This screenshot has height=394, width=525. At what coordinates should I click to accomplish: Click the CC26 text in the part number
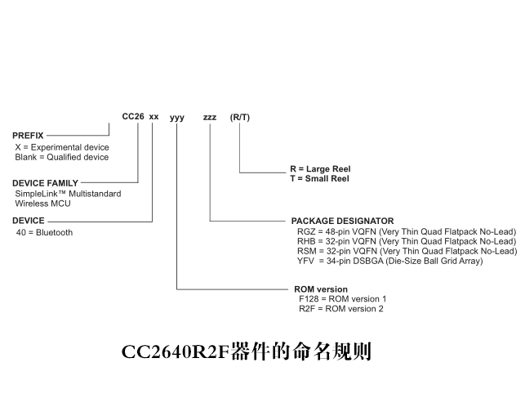click(133, 116)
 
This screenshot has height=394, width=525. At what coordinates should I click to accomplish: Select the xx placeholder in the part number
click(153, 117)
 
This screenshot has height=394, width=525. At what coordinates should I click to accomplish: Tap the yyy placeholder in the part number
click(177, 118)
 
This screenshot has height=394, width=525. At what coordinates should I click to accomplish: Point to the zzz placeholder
click(210, 118)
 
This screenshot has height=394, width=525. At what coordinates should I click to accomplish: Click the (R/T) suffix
click(240, 117)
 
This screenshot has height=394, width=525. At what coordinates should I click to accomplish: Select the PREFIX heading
click(28, 136)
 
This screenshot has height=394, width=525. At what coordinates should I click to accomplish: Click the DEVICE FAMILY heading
click(45, 183)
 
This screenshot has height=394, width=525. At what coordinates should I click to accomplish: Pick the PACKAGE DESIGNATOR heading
click(343, 221)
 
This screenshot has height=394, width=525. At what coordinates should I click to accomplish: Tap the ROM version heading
click(321, 289)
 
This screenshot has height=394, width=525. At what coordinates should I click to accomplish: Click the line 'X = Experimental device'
click(62, 147)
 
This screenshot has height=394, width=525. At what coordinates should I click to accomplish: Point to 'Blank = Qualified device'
click(62, 157)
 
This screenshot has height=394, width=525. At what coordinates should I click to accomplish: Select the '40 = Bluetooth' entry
click(44, 232)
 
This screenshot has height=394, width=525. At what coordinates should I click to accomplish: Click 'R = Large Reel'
click(320, 168)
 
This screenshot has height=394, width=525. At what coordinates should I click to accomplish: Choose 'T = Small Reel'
click(320, 178)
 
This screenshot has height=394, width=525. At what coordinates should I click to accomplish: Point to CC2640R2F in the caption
click(176, 352)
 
